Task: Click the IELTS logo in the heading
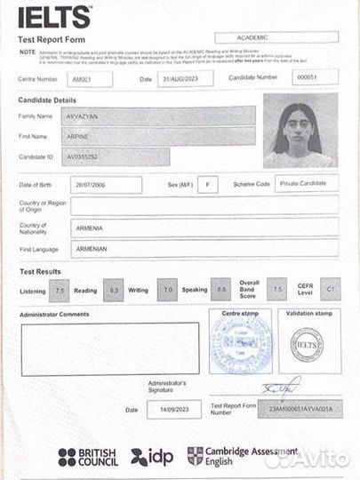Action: pyautogui.click(x=54, y=17)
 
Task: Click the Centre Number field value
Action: pyautogui.click(x=92, y=79)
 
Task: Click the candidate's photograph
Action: pyautogui.click(x=299, y=130)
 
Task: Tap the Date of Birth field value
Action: pyautogui.click(x=105, y=185)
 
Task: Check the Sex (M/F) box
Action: pyautogui.click(x=207, y=185)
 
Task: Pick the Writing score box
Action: pyautogui.click(x=166, y=291)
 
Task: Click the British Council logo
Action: pyautogui.click(x=88, y=457)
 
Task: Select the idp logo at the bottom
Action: pyautogui.click(x=152, y=457)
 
